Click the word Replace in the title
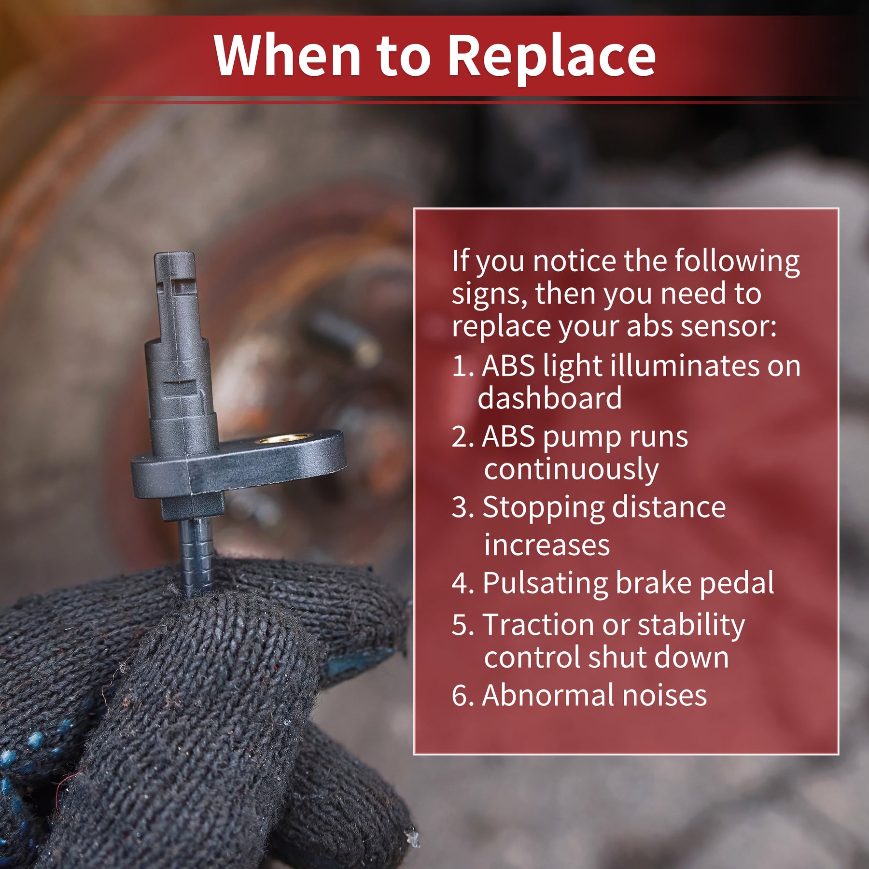552,57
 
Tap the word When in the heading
287,55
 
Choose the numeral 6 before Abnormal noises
460,696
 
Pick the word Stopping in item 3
543,509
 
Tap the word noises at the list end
664,696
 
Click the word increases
547,546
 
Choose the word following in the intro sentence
737,262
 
